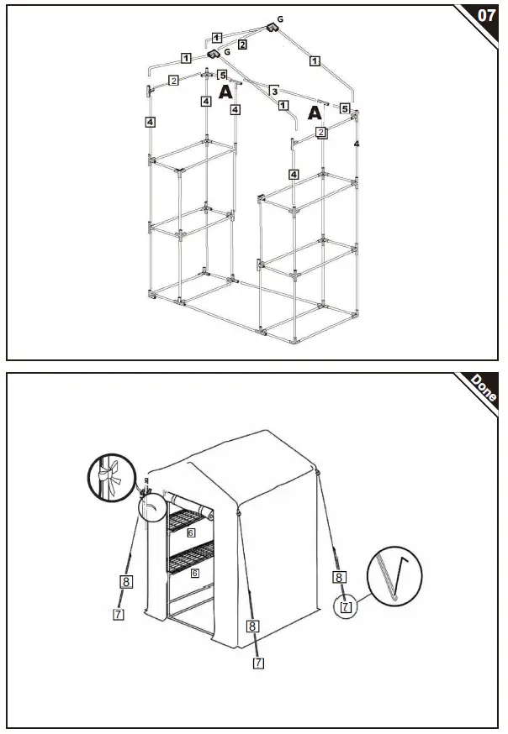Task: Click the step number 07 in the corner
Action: click(485, 15)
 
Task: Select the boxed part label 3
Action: click(273, 90)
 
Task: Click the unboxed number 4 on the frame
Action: click(357, 145)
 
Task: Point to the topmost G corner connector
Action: click(272, 28)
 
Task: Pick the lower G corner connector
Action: click(214, 54)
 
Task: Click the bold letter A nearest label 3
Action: click(225, 92)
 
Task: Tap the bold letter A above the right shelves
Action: click(315, 113)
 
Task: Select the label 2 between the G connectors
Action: click(242, 44)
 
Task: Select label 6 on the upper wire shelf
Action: click(192, 532)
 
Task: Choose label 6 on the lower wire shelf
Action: click(194, 573)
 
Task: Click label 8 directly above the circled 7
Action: click(338, 578)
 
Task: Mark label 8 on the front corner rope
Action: click(251, 625)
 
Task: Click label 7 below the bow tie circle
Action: click(118, 614)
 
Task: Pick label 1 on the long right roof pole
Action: click(315, 60)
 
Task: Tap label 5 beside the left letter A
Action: click(222, 76)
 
